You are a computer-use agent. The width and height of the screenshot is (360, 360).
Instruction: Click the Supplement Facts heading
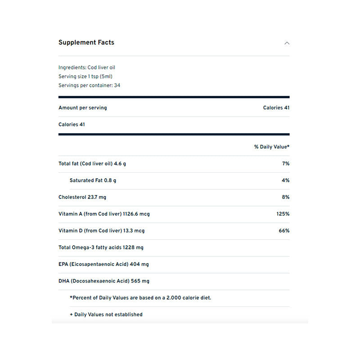click(86, 43)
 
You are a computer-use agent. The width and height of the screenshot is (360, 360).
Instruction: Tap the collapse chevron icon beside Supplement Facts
click(287, 43)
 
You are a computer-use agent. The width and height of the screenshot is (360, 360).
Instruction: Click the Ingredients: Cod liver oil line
click(87, 67)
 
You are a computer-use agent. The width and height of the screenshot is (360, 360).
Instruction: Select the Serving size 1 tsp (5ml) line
click(85, 76)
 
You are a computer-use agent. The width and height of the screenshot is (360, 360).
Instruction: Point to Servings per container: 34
click(89, 85)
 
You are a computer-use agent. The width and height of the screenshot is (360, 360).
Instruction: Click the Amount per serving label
click(83, 108)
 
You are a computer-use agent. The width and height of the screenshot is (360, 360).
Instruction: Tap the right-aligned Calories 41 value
click(276, 108)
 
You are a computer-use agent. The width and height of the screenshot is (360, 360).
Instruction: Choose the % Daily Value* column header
click(271, 147)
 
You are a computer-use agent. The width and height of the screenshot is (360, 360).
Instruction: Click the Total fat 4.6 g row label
click(92, 164)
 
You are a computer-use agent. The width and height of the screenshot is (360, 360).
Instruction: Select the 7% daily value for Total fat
click(285, 164)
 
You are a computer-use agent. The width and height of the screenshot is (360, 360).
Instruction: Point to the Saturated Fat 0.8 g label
click(93, 180)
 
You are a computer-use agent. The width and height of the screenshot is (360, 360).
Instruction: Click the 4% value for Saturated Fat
click(285, 180)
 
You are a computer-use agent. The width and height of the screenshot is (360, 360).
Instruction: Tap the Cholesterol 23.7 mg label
click(82, 197)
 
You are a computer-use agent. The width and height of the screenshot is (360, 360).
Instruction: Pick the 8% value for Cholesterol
click(285, 197)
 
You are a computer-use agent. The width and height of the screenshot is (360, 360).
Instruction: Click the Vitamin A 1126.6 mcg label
click(104, 214)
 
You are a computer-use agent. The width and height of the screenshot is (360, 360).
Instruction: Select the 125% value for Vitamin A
click(283, 214)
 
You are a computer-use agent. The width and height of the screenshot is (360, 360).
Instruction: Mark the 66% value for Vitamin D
click(284, 230)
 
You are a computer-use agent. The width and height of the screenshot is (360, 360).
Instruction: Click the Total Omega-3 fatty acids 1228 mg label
click(101, 247)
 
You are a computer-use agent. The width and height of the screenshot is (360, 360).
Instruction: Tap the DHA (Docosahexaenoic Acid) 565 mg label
click(104, 281)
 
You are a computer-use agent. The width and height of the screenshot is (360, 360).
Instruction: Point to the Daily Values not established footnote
click(106, 315)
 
